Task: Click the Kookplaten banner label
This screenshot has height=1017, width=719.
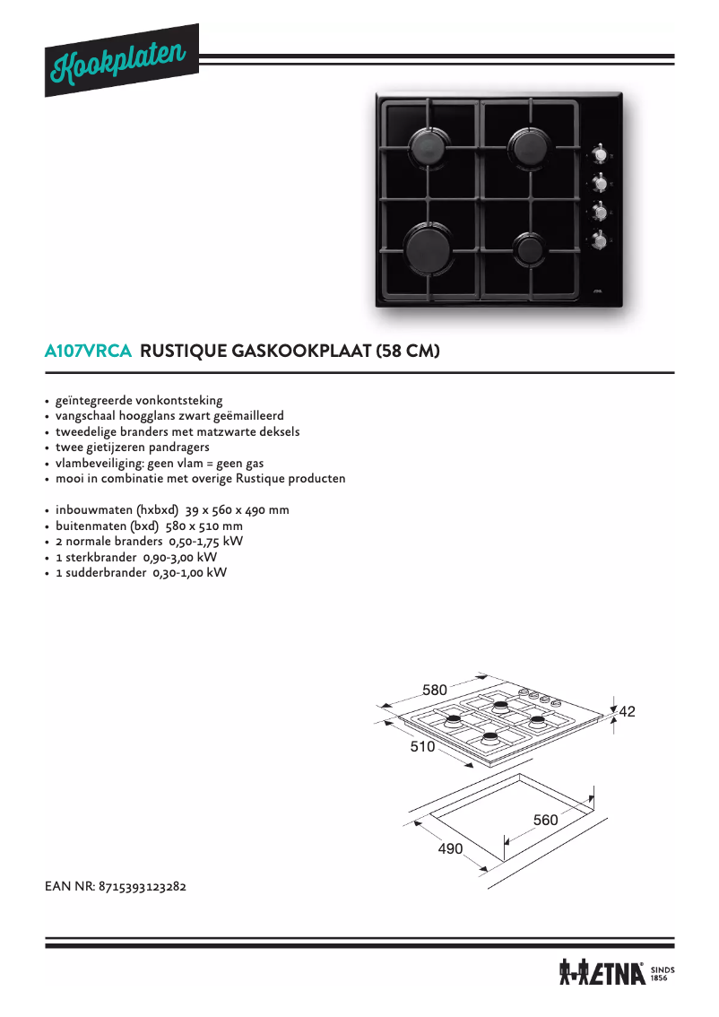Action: [x=122, y=59]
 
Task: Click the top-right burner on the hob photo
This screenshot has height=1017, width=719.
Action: [x=530, y=143]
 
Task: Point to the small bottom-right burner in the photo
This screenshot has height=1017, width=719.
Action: [x=529, y=248]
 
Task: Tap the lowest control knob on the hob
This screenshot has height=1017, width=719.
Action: [x=600, y=239]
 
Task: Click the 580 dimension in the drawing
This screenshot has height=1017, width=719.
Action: [x=435, y=690]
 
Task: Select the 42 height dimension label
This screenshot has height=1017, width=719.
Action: [x=627, y=711]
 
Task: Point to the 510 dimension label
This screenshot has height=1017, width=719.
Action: [x=422, y=746]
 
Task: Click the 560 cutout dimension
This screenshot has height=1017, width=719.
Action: [x=545, y=820]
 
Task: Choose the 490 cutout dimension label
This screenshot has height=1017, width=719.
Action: [x=450, y=848]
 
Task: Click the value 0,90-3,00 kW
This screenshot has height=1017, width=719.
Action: [x=180, y=557]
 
